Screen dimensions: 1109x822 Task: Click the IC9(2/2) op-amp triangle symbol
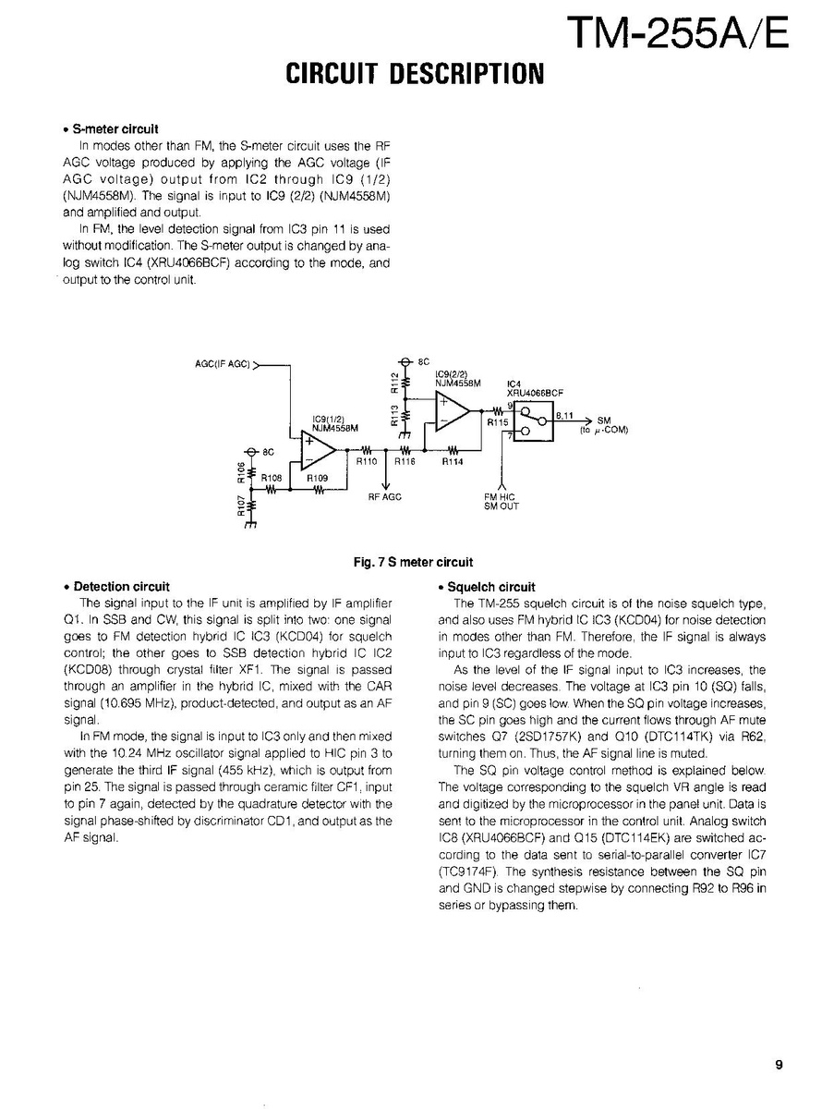tap(452, 411)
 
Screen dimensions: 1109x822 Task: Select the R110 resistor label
tap(368, 461)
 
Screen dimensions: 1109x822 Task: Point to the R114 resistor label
tap(453, 461)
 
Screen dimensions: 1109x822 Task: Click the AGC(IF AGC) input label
tap(223, 364)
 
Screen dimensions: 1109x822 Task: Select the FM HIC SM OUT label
tap(502, 501)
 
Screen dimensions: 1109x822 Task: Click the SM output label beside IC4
tap(604, 420)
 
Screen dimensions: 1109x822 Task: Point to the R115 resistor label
tap(498, 420)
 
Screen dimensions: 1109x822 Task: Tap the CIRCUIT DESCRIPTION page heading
tap(415, 74)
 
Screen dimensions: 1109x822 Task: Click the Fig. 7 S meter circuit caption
tap(413, 562)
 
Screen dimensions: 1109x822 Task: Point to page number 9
tap(779, 1066)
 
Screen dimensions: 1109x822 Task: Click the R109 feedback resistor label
tap(317, 479)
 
